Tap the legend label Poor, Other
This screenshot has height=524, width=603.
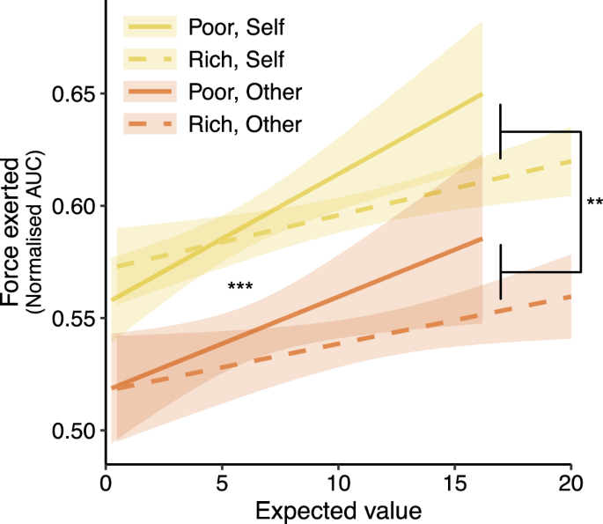(x=246, y=92)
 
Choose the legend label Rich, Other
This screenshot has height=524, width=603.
(x=246, y=124)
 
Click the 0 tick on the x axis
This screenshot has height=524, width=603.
(x=107, y=483)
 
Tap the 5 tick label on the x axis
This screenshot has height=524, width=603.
(x=223, y=483)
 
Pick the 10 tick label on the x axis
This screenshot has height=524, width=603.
(x=339, y=483)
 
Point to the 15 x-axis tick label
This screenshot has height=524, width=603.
(x=455, y=483)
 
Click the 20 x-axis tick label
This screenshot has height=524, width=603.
(x=570, y=483)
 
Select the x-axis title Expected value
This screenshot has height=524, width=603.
(x=338, y=509)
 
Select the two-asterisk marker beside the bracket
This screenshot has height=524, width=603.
(x=594, y=203)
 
